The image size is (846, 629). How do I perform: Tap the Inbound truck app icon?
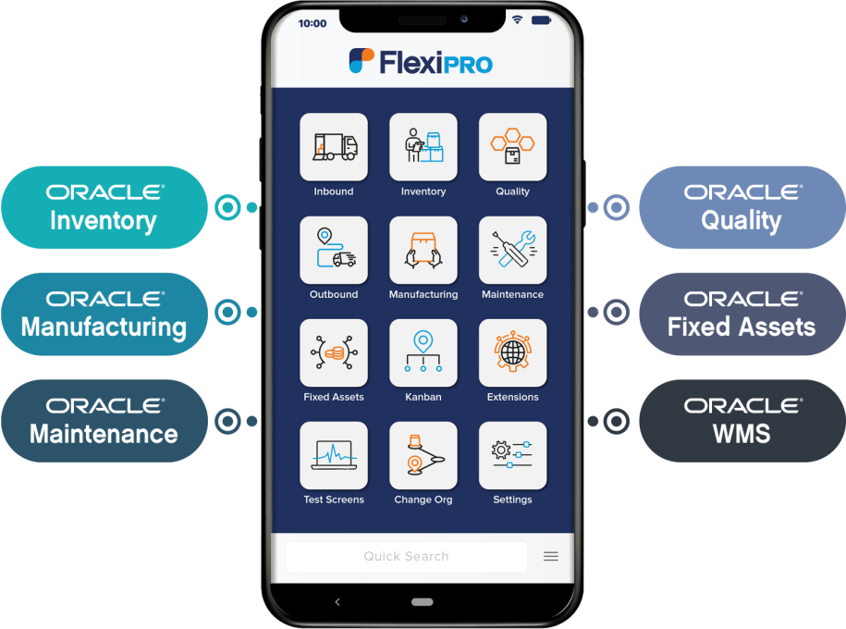(333, 147)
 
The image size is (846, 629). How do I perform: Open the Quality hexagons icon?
(512, 147)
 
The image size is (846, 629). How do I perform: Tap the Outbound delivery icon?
(333, 250)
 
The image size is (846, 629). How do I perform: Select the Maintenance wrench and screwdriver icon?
(512, 250)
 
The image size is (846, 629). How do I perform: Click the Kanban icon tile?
(423, 352)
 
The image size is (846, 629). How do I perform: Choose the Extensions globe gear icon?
(512, 352)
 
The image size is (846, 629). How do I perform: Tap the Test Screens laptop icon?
(333, 455)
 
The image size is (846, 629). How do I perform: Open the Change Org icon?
(423, 455)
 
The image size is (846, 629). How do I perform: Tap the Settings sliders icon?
(512, 455)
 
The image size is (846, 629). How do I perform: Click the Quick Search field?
(406, 557)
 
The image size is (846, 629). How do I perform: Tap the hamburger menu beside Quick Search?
(551, 557)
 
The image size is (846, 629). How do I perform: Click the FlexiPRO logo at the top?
(421, 62)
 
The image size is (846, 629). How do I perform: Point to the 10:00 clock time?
(313, 23)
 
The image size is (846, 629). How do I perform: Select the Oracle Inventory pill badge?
(104, 207)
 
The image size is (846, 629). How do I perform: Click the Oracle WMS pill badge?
(742, 420)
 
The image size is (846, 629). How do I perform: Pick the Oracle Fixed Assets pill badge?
(742, 314)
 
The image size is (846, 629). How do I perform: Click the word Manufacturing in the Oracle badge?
(104, 327)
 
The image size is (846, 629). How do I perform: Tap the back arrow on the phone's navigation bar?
(337, 602)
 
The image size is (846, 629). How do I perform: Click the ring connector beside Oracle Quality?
(615, 207)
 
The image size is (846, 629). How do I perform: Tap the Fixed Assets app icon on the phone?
(333, 352)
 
